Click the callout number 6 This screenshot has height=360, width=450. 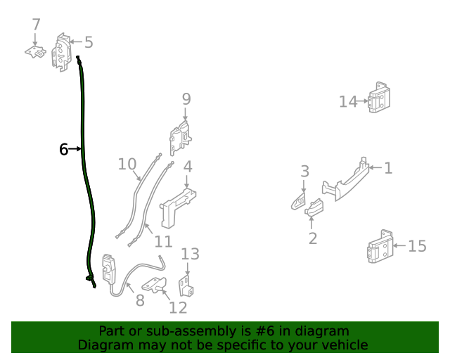(x=63, y=149)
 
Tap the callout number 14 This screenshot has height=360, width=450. (x=348, y=102)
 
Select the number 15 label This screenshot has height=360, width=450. (x=417, y=246)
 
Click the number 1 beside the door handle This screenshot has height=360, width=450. (x=387, y=168)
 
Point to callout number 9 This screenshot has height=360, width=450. (x=186, y=99)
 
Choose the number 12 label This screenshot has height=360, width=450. (x=178, y=307)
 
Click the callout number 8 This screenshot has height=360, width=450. (x=140, y=300)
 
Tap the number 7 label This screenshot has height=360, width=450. (x=36, y=25)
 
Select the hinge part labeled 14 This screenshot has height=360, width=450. (x=380, y=98)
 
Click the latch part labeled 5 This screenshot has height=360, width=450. (x=63, y=51)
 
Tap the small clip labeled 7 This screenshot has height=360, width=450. (x=35, y=52)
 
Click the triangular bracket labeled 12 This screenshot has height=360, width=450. (x=155, y=285)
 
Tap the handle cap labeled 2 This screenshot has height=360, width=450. (x=314, y=207)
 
